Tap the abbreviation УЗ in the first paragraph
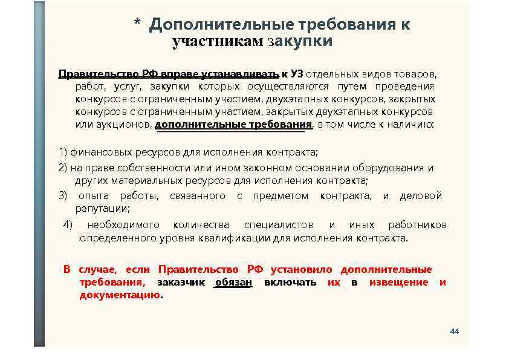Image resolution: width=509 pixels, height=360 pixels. pyautogui.click(x=296, y=74)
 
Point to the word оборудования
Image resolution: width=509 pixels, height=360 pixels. pyautogui.click(x=394, y=168)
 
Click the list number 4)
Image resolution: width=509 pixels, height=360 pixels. pyautogui.click(x=68, y=225)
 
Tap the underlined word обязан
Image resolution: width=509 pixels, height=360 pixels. pyautogui.click(x=233, y=283)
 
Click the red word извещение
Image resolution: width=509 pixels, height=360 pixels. pyautogui.click(x=398, y=283)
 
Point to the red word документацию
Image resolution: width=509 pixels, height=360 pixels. pyautogui.click(x=120, y=295)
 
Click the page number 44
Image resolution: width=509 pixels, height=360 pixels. pyautogui.click(x=455, y=332)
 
